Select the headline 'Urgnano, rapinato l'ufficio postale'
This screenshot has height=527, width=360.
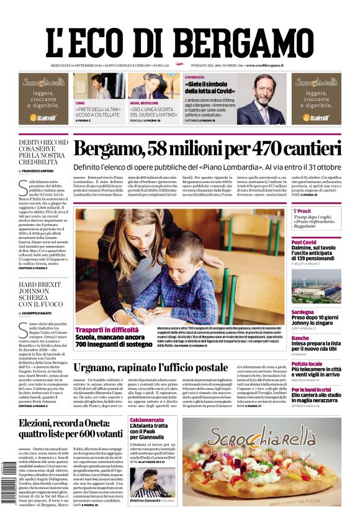[x=159, y=367]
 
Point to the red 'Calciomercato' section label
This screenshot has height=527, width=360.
[x=147, y=420]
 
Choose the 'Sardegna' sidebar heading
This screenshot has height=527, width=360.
[x=303, y=312]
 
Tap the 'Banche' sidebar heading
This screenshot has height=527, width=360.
[x=300, y=338]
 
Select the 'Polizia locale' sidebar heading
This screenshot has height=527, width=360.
[x=307, y=364]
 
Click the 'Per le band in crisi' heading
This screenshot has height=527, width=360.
[x=313, y=390]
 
